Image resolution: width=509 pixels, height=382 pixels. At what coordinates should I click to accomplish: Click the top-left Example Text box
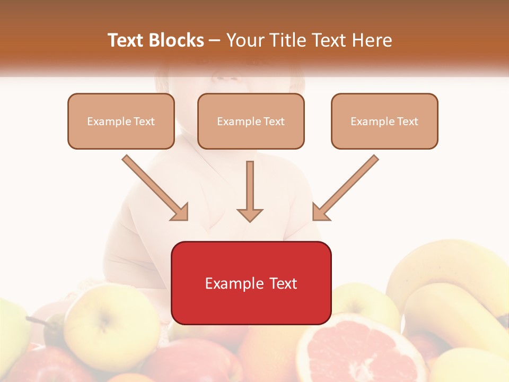(x=121, y=121)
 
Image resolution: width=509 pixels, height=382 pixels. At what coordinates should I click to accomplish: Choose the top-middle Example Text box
(x=251, y=121)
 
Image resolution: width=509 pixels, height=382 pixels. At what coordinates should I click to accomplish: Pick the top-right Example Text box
(x=384, y=121)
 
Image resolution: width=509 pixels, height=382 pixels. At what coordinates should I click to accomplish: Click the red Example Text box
(x=251, y=283)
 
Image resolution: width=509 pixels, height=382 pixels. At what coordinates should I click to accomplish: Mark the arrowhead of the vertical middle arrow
(x=250, y=214)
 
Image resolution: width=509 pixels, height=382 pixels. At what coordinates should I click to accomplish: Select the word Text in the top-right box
(x=407, y=121)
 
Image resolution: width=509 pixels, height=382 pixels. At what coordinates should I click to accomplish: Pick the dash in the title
(x=215, y=41)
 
